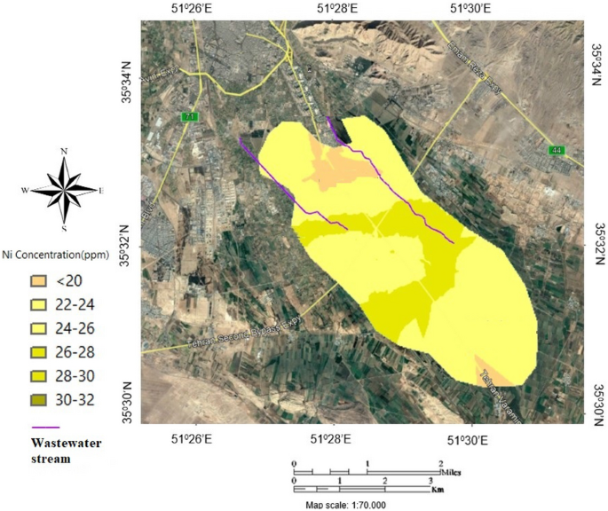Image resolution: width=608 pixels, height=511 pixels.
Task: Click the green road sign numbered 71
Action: click(189, 117)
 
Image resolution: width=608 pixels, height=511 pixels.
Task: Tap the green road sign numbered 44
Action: click(557, 150)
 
